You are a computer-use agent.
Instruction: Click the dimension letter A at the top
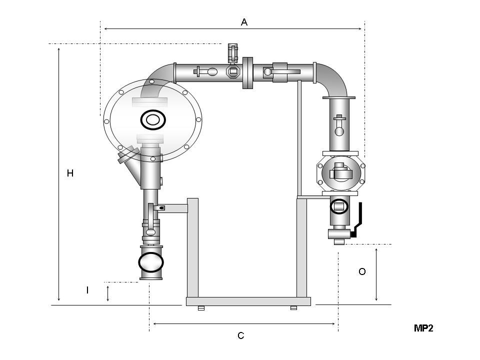click(x=244, y=22)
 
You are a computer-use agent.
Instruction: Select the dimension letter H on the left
click(x=70, y=173)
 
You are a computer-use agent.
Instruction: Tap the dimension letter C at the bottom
click(x=241, y=335)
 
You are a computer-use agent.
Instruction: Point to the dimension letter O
click(x=362, y=272)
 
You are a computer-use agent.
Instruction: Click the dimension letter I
click(x=87, y=290)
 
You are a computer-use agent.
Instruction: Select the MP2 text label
click(x=423, y=328)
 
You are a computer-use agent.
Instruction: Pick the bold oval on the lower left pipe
click(x=150, y=261)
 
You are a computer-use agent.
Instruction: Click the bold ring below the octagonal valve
click(x=339, y=205)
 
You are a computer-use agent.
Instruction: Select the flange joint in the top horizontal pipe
click(x=247, y=72)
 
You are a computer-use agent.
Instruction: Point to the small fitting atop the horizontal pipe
click(x=233, y=53)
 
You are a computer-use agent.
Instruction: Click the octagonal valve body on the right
click(x=340, y=172)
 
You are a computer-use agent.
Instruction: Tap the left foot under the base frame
click(x=201, y=308)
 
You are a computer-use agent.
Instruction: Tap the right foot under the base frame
click(x=293, y=308)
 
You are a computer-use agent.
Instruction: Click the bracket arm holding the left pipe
click(x=172, y=207)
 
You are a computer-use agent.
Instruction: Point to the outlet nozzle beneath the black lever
click(x=339, y=241)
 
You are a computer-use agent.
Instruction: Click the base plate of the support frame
click(x=248, y=301)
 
